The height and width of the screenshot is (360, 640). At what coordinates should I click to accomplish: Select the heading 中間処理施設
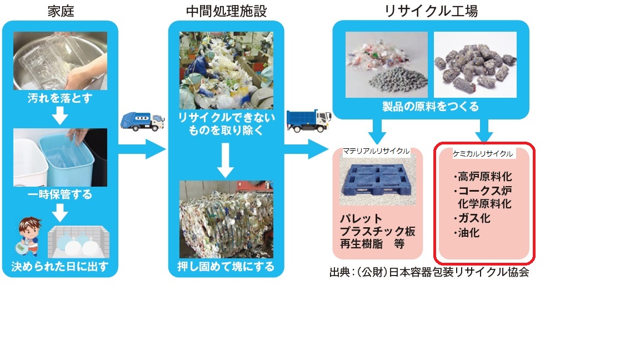pyautogui.click(x=226, y=10)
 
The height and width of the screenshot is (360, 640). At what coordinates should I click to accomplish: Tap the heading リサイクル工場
pyautogui.click(x=431, y=10)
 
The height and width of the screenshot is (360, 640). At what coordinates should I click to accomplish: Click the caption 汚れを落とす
pyautogui.click(x=59, y=100)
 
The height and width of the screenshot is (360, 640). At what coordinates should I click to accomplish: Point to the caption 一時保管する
pyautogui.click(x=59, y=195)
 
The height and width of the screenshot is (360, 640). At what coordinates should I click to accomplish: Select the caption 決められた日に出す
pyautogui.click(x=59, y=267)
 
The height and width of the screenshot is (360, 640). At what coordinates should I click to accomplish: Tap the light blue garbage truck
pyautogui.click(x=142, y=121)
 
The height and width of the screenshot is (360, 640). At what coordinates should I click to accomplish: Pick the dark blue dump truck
pyautogui.click(x=308, y=121)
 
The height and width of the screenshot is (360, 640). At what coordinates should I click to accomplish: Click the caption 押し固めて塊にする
pyautogui.click(x=226, y=267)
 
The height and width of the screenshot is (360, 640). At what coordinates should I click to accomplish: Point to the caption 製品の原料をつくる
pyautogui.click(x=431, y=106)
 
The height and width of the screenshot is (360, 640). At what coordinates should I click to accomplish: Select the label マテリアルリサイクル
pyautogui.click(x=376, y=151)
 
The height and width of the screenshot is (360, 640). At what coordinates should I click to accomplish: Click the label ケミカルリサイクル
pyautogui.click(x=483, y=153)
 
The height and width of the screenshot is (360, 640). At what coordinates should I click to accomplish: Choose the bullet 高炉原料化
pyautogui.click(x=482, y=177)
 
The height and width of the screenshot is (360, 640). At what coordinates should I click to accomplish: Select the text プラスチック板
pyautogui.click(x=377, y=231)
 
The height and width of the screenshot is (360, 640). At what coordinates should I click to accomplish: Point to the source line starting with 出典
pyautogui.click(x=428, y=273)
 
